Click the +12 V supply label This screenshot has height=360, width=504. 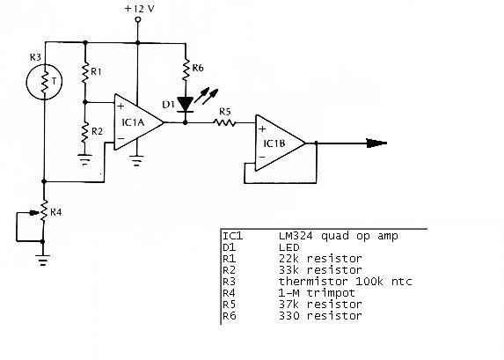tap(139, 9)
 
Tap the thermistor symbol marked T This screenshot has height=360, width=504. tap(44, 82)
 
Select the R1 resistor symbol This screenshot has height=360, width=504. tap(85, 72)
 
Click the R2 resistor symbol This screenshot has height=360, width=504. tap(85, 133)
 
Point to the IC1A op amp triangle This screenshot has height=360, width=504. tap(139, 122)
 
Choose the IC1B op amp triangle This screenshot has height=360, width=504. tap(280, 143)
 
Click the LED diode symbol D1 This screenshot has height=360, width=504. tap(186, 105)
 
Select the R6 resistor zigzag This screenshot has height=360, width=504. tap(186, 70)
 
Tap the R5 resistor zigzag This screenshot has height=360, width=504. tap(225, 122)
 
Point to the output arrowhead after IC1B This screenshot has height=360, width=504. tap(376, 143)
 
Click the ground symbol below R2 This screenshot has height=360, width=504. tap(84, 160)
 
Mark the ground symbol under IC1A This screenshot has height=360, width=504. tap(137, 161)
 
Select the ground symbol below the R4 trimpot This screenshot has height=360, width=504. tap(43, 261)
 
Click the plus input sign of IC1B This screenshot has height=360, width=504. tap(262, 129)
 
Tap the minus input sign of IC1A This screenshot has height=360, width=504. tap(121, 139)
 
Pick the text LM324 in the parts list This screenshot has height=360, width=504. tap(296, 236)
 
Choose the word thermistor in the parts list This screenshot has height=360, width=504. tap(313, 281)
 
